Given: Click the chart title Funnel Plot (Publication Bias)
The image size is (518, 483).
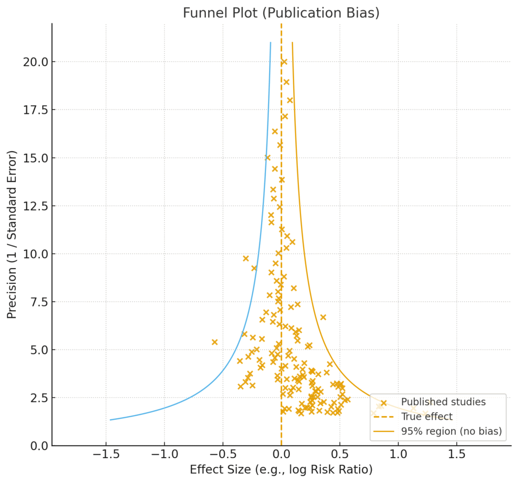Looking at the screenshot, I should click(x=281, y=13).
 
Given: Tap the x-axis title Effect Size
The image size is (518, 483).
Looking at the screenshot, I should click(x=281, y=469).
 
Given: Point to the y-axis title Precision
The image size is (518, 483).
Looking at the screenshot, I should click(x=12, y=234).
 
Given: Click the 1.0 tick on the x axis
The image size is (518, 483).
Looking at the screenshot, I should click(x=398, y=454).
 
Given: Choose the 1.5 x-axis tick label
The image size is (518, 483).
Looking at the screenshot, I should click(x=457, y=454).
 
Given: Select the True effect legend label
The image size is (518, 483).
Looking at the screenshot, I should click(x=426, y=417).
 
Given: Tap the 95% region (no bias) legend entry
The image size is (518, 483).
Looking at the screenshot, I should click(x=451, y=431).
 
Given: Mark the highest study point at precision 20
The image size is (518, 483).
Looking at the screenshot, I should click(x=284, y=62).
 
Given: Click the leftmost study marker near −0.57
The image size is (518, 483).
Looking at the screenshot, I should click(x=214, y=342).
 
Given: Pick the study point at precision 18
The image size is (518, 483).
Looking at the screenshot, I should click(x=290, y=100).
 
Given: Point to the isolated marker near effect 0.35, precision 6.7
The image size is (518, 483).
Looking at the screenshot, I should click(x=323, y=317).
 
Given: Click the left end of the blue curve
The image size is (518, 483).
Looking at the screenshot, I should click(x=110, y=420).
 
